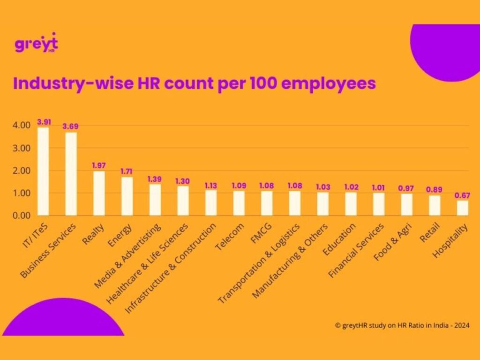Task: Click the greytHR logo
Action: point(36,44)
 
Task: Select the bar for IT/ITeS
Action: point(43,171)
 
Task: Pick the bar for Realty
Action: point(99,193)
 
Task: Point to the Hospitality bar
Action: point(463,208)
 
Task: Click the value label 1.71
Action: point(127,172)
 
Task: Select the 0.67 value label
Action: point(463,195)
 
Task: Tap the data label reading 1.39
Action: point(155,179)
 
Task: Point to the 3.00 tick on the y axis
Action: point(21,148)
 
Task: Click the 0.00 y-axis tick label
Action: point(21,216)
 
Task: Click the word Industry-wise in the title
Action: point(65,83)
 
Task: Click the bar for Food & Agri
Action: point(407,204)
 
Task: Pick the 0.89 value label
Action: point(435,190)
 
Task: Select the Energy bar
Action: point(127,196)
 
